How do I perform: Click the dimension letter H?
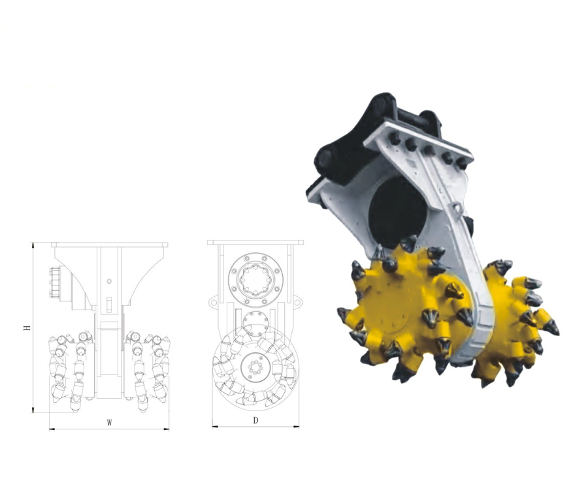pos(27,327)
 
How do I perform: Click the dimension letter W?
pos(109,423)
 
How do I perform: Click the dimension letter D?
pos(255,420)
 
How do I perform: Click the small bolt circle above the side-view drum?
pos(257,323)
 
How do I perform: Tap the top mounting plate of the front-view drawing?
pos(109,244)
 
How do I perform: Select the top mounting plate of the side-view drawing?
pos(255,243)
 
